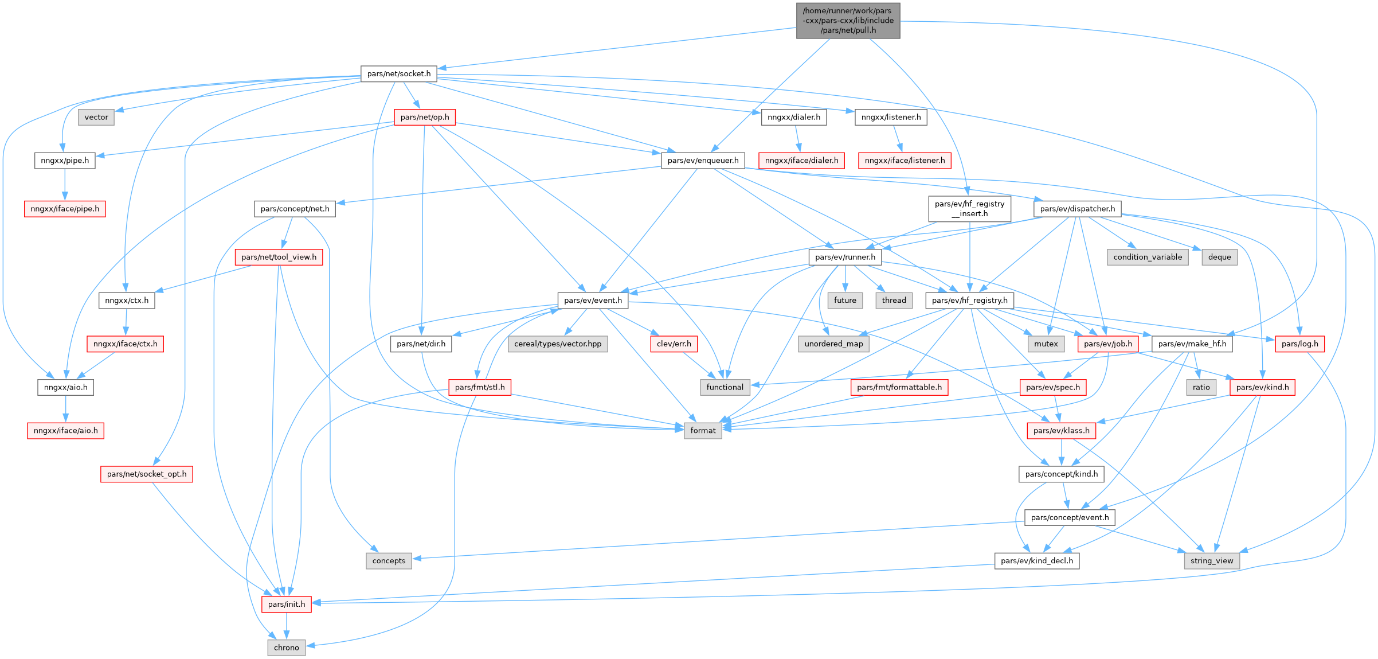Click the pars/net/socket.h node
[398, 74]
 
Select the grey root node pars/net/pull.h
[848, 21]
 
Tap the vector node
[96, 117]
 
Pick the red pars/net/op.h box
[425, 117]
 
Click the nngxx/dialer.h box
[793, 117]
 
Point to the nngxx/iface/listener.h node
[905, 161]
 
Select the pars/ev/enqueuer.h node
[703, 161]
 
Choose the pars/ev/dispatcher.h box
[1077, 209]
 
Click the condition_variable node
[1148, 257]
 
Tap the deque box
[1219, 257]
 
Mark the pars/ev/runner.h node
[845, 257]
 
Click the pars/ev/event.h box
[593, 301]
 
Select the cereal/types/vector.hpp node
[558, 344]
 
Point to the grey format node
[703, 431]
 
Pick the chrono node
[286, 648]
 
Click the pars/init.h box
[286, 605]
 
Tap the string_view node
[1211, 561]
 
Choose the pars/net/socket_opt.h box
[147, 474]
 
